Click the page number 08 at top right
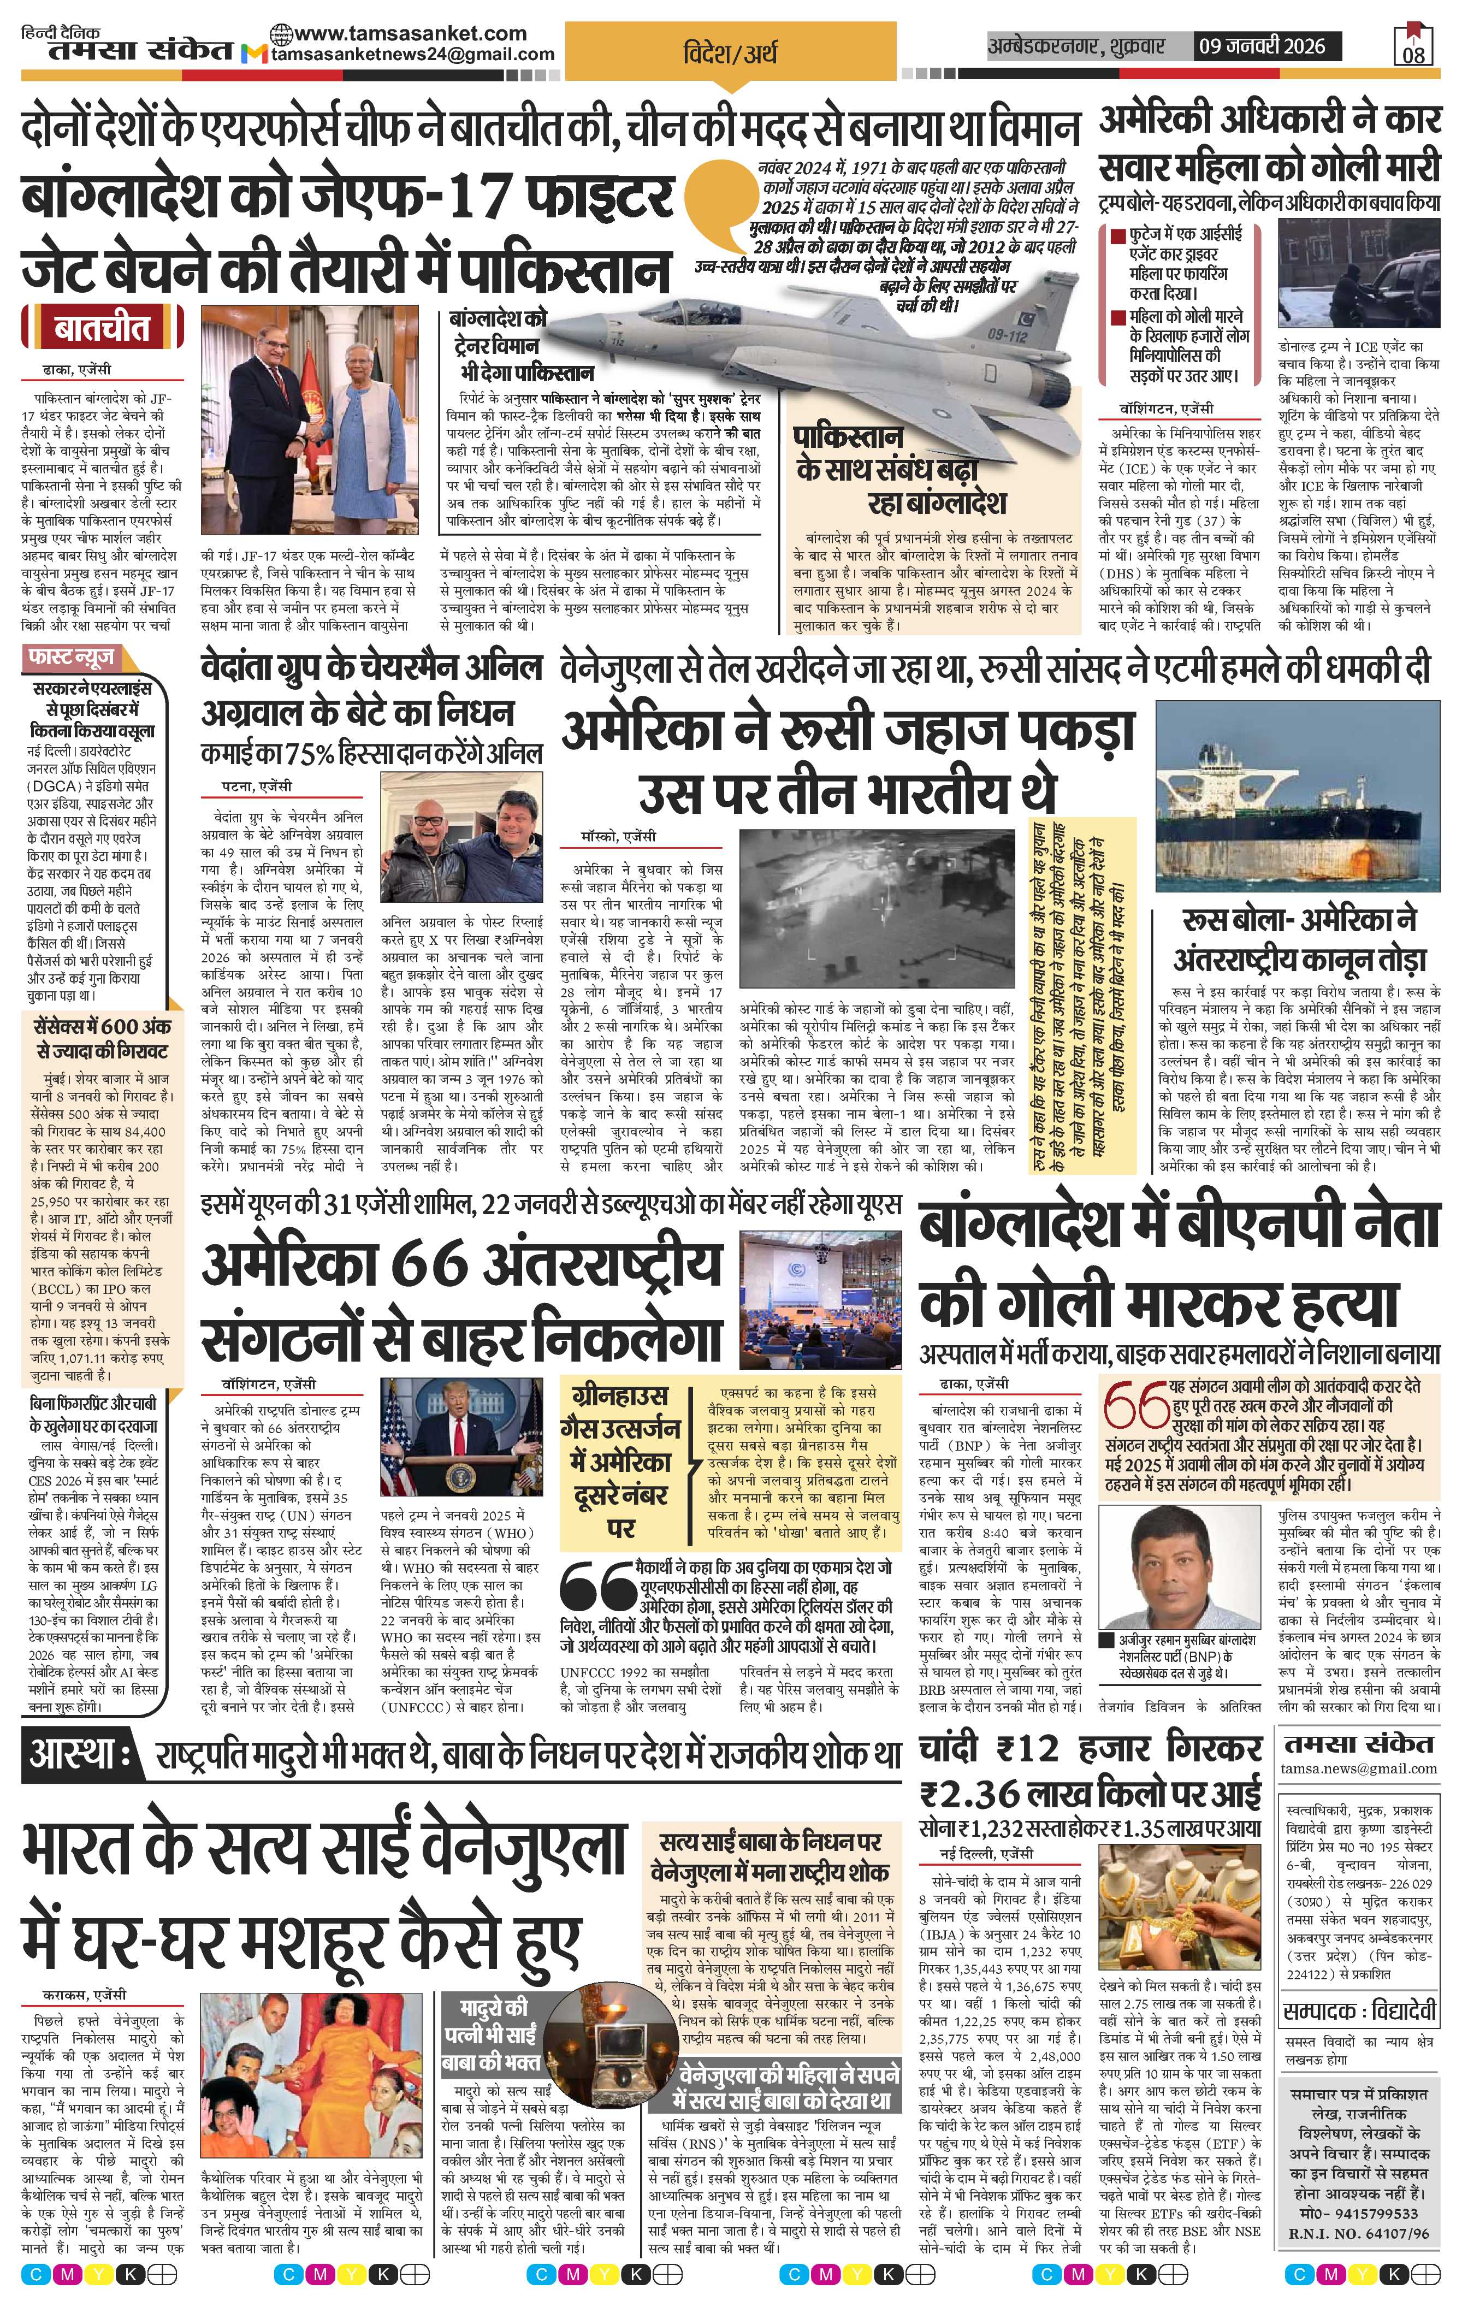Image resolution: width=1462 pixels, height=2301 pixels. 1414,54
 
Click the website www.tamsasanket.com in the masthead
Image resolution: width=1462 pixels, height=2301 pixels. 399,33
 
